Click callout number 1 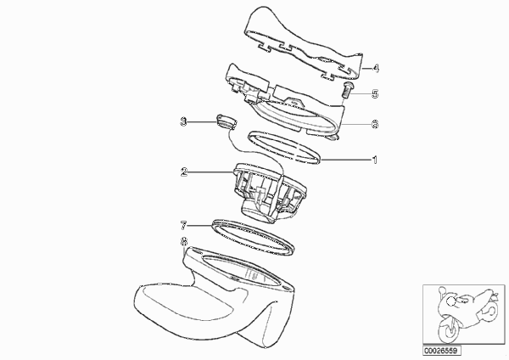click(375, 160)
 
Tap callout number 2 click(184, 172)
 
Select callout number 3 click(184, 122)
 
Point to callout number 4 click(376, 68)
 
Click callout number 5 click(375, 94)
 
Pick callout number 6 click(375, 124)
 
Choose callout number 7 click(184, 225)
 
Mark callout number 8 click(184, 241)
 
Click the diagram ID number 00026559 click(441, 351)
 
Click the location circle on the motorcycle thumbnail click(451, 302)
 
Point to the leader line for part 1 click(346, 160)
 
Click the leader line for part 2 click(210, 172)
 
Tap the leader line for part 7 click(199, 225)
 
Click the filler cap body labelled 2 click(270, 193)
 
